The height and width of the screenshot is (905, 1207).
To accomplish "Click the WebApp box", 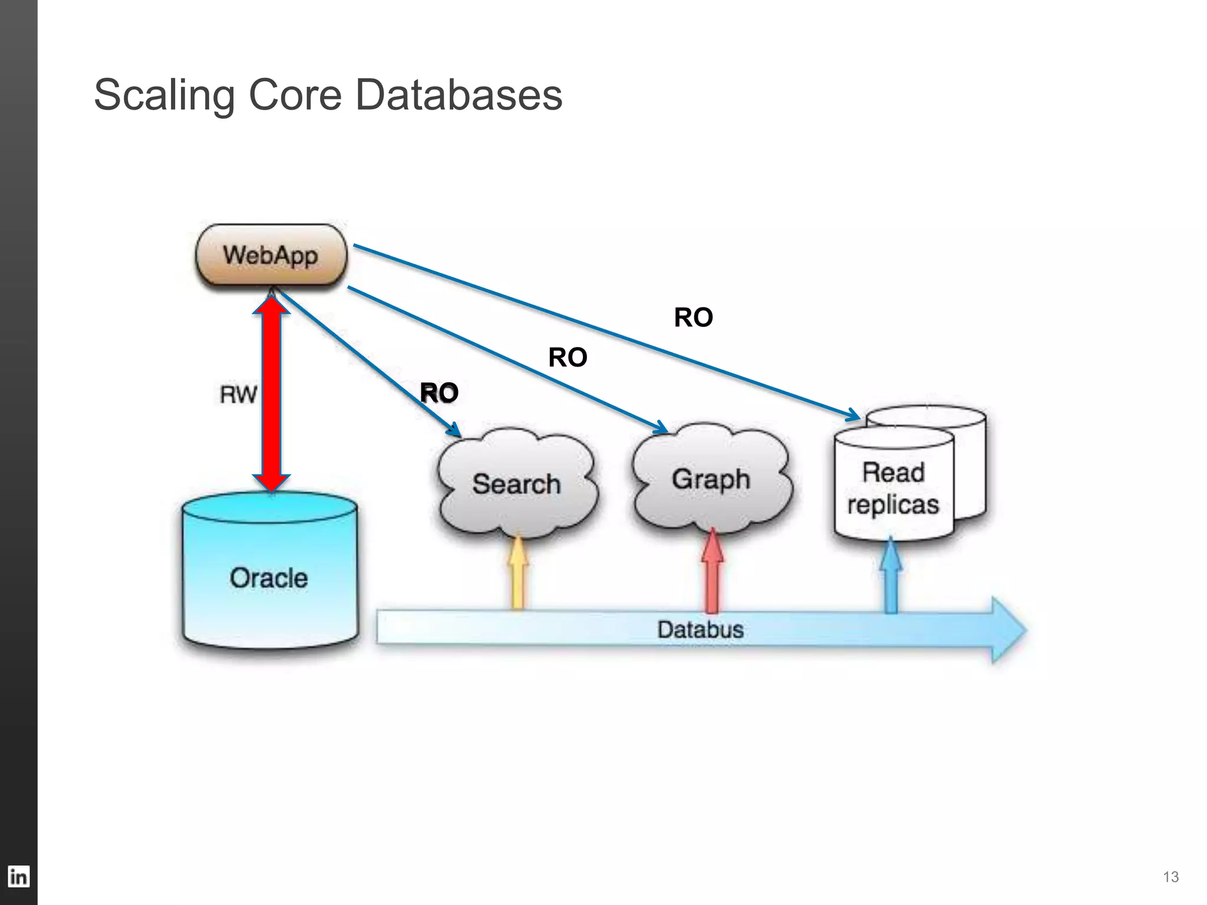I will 271,255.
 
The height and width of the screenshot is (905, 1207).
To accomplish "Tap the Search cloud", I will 516,484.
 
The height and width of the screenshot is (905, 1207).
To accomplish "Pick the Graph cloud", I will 711,479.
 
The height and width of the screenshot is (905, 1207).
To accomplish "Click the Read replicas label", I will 893,488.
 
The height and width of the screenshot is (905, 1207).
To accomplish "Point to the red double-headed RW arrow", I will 272,394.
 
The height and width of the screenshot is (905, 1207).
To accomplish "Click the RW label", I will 238,394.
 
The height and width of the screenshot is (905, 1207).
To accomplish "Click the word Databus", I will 700,629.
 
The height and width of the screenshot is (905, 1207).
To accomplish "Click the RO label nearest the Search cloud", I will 439,393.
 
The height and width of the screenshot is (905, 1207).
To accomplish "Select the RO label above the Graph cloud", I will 568,357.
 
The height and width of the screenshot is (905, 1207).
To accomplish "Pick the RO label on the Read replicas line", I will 693,318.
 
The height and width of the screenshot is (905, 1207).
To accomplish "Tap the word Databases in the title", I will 459,95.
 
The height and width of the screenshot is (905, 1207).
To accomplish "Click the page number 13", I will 1170,877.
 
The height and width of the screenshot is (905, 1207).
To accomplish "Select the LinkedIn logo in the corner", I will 18,877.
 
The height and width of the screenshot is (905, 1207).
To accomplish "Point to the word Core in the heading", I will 295,95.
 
